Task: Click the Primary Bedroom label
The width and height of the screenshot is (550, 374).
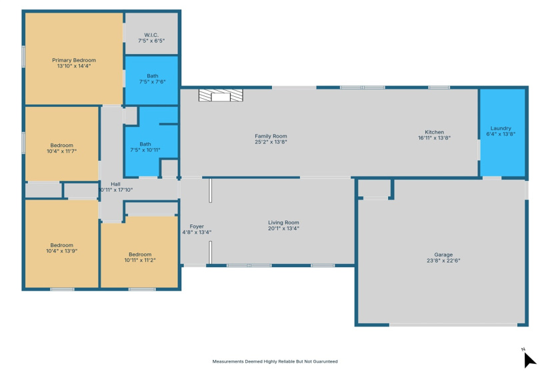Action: (74, 60)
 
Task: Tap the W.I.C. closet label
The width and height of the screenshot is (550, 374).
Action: (151, 35)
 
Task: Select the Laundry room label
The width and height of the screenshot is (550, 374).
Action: (501, 128)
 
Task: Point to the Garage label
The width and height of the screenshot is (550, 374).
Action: (443, 254)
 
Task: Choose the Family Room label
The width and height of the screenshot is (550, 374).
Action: (271, 136)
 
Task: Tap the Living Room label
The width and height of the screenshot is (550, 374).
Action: (283, 222)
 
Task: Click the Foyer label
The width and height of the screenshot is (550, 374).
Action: (197, 226)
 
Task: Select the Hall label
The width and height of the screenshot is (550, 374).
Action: (115, 184)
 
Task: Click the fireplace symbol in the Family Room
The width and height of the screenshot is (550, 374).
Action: (220, 96)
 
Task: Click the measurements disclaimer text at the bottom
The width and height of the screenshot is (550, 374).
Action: (275, 361)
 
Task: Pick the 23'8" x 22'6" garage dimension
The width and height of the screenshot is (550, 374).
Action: (443, 260)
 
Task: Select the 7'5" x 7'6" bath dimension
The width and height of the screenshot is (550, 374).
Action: (152, 81)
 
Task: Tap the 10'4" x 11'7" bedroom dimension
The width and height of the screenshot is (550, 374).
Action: (62, 151)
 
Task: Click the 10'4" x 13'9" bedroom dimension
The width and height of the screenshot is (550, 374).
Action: (62, 250)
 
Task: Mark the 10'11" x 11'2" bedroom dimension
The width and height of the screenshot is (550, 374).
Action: (140, 260)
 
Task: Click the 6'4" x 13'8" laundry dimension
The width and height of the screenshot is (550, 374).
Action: (501, 134)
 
